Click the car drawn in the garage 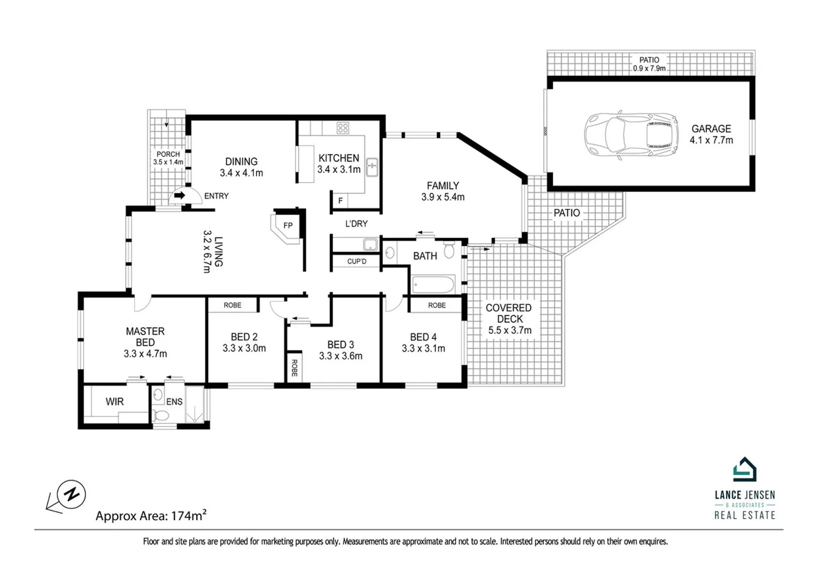(631, 134)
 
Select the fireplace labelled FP (287, 226)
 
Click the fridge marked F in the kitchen (340, 201)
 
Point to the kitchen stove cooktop (343, 128)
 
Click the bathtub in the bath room (433, 284)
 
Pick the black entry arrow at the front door (180, 195)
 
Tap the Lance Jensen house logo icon (744, 470)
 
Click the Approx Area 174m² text (151, 516)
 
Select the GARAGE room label (711, 128)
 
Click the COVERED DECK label (508, 313)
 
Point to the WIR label (114, 401)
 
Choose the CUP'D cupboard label (357, 262)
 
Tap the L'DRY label (356, 224)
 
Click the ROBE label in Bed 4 (437, 305)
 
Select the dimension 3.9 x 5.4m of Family (442, 197)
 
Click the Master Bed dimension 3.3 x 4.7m (145, 354)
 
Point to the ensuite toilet (161, 415)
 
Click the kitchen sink (372, 167)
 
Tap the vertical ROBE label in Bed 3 (294, 368)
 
